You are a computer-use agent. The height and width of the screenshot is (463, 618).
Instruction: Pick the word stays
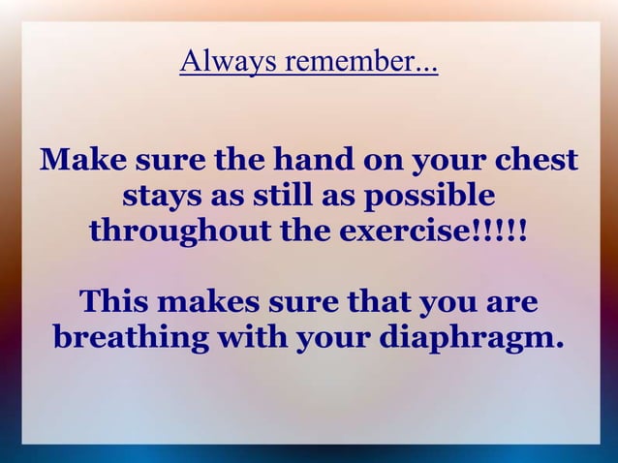coord(162,197)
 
